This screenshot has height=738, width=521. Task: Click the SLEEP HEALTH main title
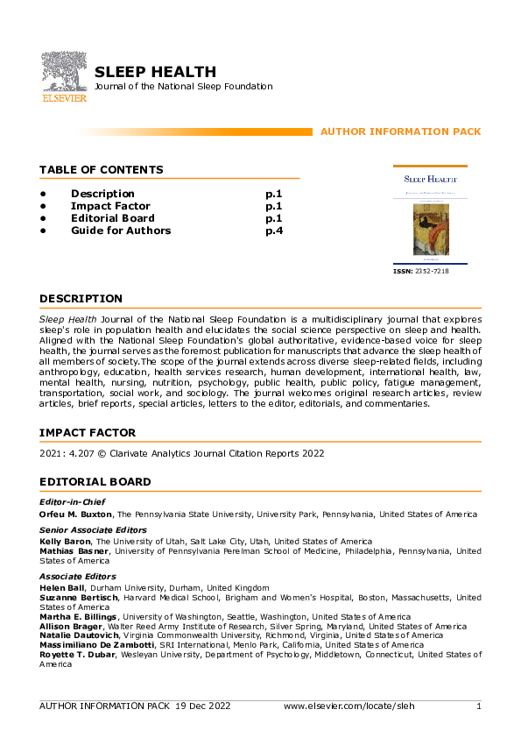tap(155, 72)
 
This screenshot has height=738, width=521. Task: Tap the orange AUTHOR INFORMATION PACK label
tap(400, 131)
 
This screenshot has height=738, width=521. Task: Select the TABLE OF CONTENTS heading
tap(101, 169)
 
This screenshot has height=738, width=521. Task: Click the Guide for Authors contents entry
tap(121, 231)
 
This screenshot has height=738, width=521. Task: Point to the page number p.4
tap(274, 231)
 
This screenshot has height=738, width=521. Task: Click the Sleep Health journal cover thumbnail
tap(430, 216)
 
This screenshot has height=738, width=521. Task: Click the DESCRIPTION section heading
tap(81, 299)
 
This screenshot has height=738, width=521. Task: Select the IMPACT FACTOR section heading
tap(88, 433)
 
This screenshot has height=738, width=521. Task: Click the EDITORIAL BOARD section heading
tap(95, 482)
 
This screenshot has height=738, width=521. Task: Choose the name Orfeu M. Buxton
tap(77, 514)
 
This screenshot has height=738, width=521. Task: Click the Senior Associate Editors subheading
tap(92, 530)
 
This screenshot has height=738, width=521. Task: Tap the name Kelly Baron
tap(65, 542)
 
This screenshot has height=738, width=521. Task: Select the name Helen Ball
tap(61, 587)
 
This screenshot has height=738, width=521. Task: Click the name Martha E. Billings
tap(78, 617)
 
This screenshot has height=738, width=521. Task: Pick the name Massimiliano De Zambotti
tap(96, 645)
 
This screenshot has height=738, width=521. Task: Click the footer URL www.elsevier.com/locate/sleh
tap(349, 706)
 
